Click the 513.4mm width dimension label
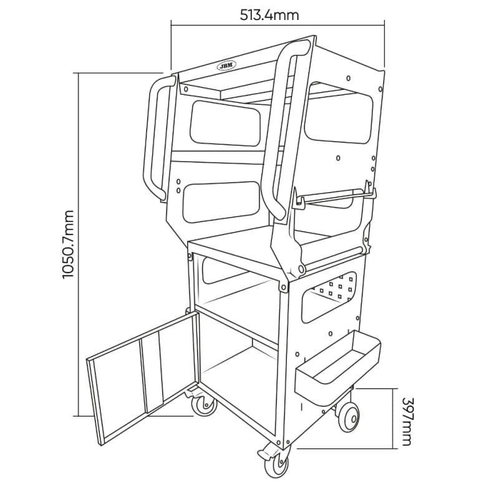(x=278, y=14)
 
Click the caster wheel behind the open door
(x=201, y=405)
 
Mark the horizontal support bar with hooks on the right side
(x=337, y=196)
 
